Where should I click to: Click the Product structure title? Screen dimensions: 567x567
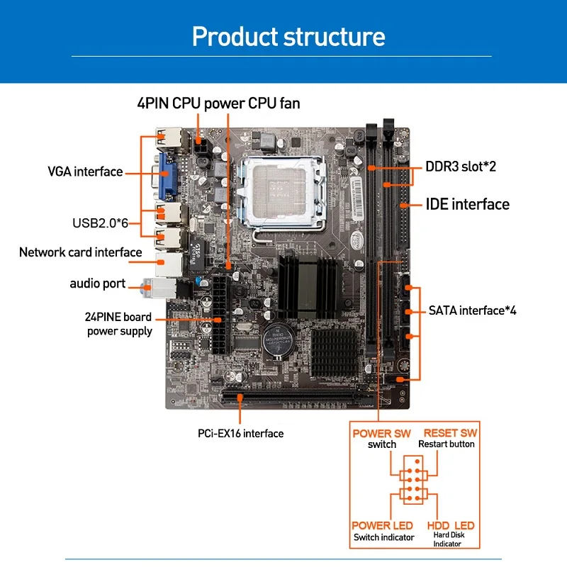point(288,36)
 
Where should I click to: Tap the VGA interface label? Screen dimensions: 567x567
point(85,172)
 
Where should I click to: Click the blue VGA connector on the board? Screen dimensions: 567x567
point(167,176)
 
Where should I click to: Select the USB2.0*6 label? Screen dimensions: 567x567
point(100,223)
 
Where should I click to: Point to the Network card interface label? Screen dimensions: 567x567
point(80,252)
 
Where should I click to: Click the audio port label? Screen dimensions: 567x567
point(98,283)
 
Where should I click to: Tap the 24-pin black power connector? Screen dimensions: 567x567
point(222,315)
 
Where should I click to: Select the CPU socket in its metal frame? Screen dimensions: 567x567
point(282,192)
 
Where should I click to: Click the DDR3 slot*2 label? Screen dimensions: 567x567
point(461,167)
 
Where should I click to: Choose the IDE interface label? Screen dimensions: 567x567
point(468,204)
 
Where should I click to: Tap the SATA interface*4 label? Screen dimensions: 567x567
point(472,310)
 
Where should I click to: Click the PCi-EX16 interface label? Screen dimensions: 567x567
point(240,433)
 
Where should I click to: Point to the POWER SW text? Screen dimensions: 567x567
point(381,433)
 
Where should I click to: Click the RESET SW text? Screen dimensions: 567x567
point(450,433)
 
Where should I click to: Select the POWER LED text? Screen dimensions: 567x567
point(382,525)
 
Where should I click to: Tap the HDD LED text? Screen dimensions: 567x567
point(451,525)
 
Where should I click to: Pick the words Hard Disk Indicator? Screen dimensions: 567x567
point(449,539)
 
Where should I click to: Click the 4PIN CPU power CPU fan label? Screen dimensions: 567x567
point(218,103)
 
